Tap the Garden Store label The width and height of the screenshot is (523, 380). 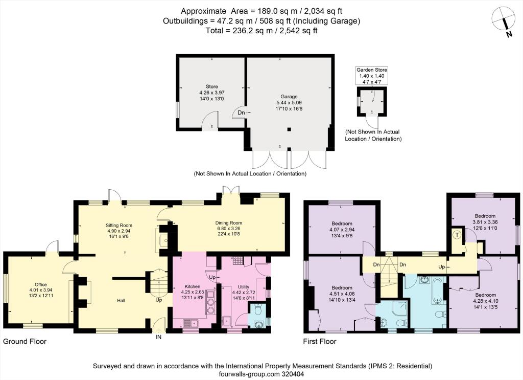tap(372, 70)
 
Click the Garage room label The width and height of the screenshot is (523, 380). tap(289, 96)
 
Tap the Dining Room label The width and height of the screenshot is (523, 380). tap(228, 223)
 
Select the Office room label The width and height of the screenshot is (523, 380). tap(41, 284)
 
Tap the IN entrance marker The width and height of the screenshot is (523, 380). tap(158, 337)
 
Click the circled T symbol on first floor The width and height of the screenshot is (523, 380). tap(457, 235)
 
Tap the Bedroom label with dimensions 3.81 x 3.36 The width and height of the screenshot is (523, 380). tap(482, 216)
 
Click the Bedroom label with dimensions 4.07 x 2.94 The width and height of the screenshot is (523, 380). tap(342, 223)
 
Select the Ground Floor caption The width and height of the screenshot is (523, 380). tap(25, 341)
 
